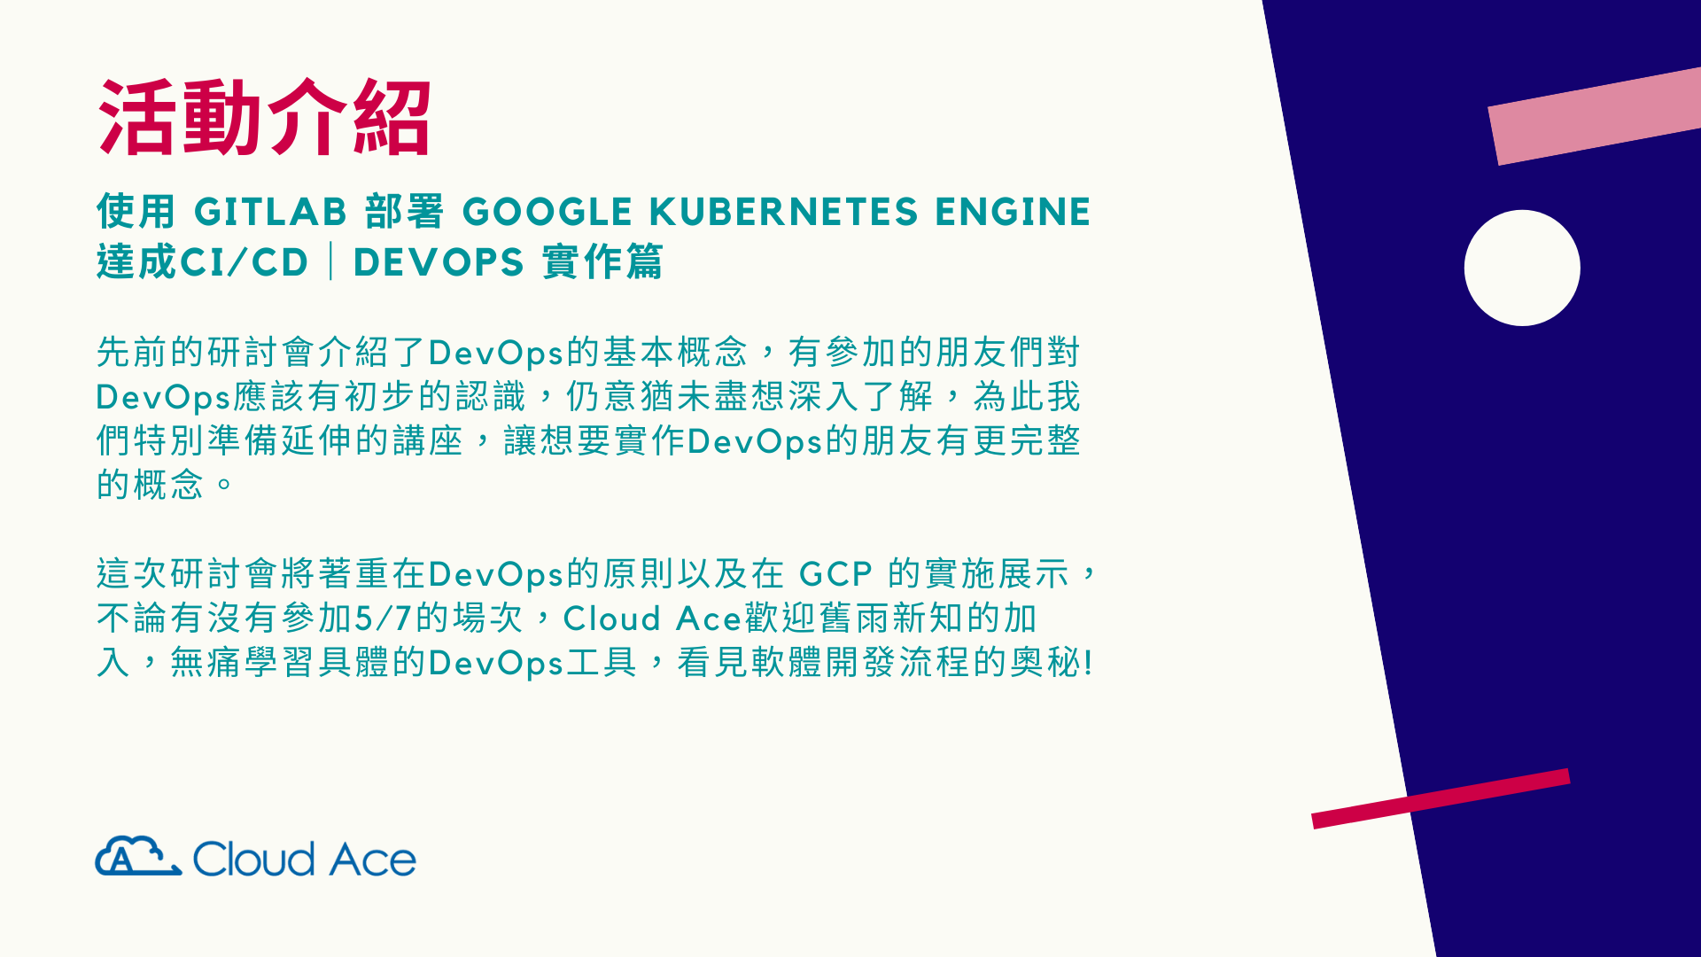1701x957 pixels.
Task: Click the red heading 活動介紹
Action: click(x=264, y=118)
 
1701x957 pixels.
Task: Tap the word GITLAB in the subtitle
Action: click(x=270, y=212)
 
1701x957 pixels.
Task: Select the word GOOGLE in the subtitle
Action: click(x=548, y=212)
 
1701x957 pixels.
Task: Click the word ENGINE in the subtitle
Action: click(x=1013, y=212)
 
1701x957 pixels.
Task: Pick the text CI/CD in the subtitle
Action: click(x=245, y=262)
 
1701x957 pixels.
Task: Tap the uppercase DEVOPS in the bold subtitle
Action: click(x=439, y=262)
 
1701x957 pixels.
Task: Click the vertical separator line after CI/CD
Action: click(x=331, y=262)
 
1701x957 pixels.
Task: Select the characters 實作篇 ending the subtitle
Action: click(x=602, y=262)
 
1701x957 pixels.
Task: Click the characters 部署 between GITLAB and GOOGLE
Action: click(x=404, y=212)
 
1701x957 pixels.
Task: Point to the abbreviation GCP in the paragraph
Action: click(x=835, y=574)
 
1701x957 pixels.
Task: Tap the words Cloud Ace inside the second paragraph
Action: click(x=652, y=619)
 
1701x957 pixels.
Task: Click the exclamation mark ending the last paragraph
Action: click(x=1088, y=663)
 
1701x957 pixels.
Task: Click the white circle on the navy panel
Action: click(x=1522, y=268)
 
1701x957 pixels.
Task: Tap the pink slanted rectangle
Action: click(x=1595, y=116)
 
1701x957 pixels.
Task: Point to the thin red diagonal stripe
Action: click(x=1441, y=798)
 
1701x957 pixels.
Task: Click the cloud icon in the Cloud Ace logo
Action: click(x=138, y=856)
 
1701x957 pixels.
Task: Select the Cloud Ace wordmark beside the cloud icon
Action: click(x=304, y=859)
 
